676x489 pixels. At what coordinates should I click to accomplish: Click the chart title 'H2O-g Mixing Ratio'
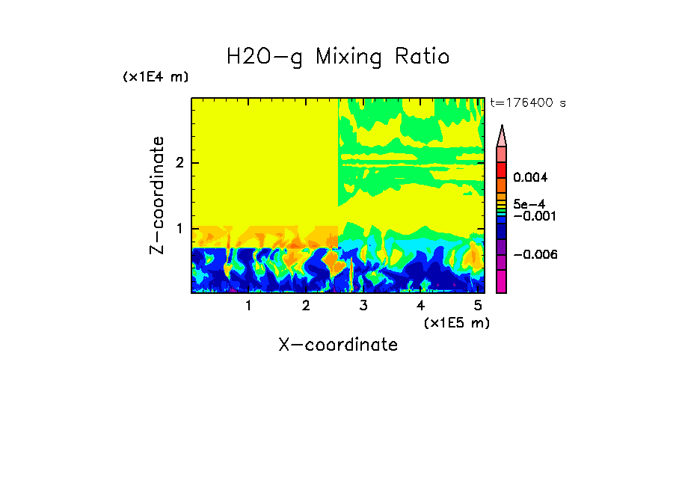[x=338, y=57]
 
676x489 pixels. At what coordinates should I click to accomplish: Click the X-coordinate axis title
[x=338, y=345]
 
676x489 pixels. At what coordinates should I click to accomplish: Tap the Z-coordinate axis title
[x=157, y=195]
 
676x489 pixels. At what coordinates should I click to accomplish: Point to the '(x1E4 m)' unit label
[x=156, y=77]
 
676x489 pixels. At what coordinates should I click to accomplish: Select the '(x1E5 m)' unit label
[x=456, y=322]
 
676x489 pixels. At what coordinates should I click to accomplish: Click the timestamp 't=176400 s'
[x=527, y=102]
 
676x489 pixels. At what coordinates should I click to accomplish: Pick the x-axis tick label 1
[x=248, y=306]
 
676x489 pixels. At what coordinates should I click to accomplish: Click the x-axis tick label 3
[x=363, y=306]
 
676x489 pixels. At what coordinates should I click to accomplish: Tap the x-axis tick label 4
[x=421, y=306]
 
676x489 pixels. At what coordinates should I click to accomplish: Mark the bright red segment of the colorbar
[x=502, y=170]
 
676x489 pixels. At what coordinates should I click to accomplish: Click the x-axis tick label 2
[x=306, y=306]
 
